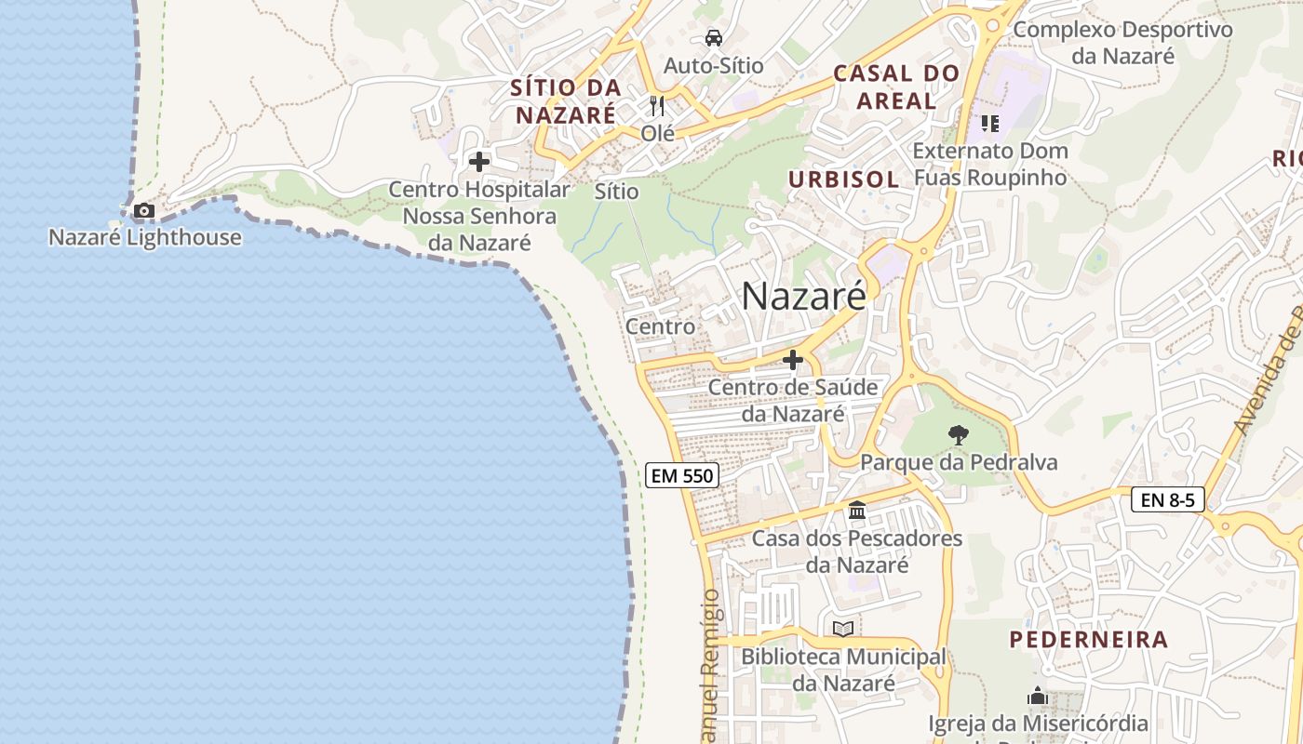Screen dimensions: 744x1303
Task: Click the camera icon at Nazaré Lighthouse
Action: pos(143,211)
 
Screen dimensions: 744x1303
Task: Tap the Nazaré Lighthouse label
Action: pos(144,237)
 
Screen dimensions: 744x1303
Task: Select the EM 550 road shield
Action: pos(682,476)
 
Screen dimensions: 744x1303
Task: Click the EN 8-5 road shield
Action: pos(1167,499)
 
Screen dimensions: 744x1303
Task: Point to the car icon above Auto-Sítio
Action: pos(713,38)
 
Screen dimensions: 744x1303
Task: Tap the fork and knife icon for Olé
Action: pos(657,105)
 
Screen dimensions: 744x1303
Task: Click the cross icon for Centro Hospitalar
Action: pos(479,162)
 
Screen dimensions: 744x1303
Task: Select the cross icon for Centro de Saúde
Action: pos(793,359)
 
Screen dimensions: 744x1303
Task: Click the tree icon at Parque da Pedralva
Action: pos(958,434)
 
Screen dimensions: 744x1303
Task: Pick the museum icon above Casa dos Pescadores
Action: pos(857,511)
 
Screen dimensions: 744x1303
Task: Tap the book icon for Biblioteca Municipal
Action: pos(843,629)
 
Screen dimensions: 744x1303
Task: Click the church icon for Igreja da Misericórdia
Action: pos(1038,696)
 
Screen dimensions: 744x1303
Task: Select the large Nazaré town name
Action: pos(803,296)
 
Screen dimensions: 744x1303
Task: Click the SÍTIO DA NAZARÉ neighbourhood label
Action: pos(566,101)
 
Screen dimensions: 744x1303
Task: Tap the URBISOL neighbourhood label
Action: pos(843,179)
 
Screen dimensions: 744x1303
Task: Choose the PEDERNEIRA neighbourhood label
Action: pos(1088,640)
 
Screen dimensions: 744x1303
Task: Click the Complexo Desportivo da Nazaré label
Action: pos(1122,43)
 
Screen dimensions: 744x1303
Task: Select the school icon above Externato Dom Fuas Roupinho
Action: pos(989,123)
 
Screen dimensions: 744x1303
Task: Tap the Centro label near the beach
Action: pos(660,326)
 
